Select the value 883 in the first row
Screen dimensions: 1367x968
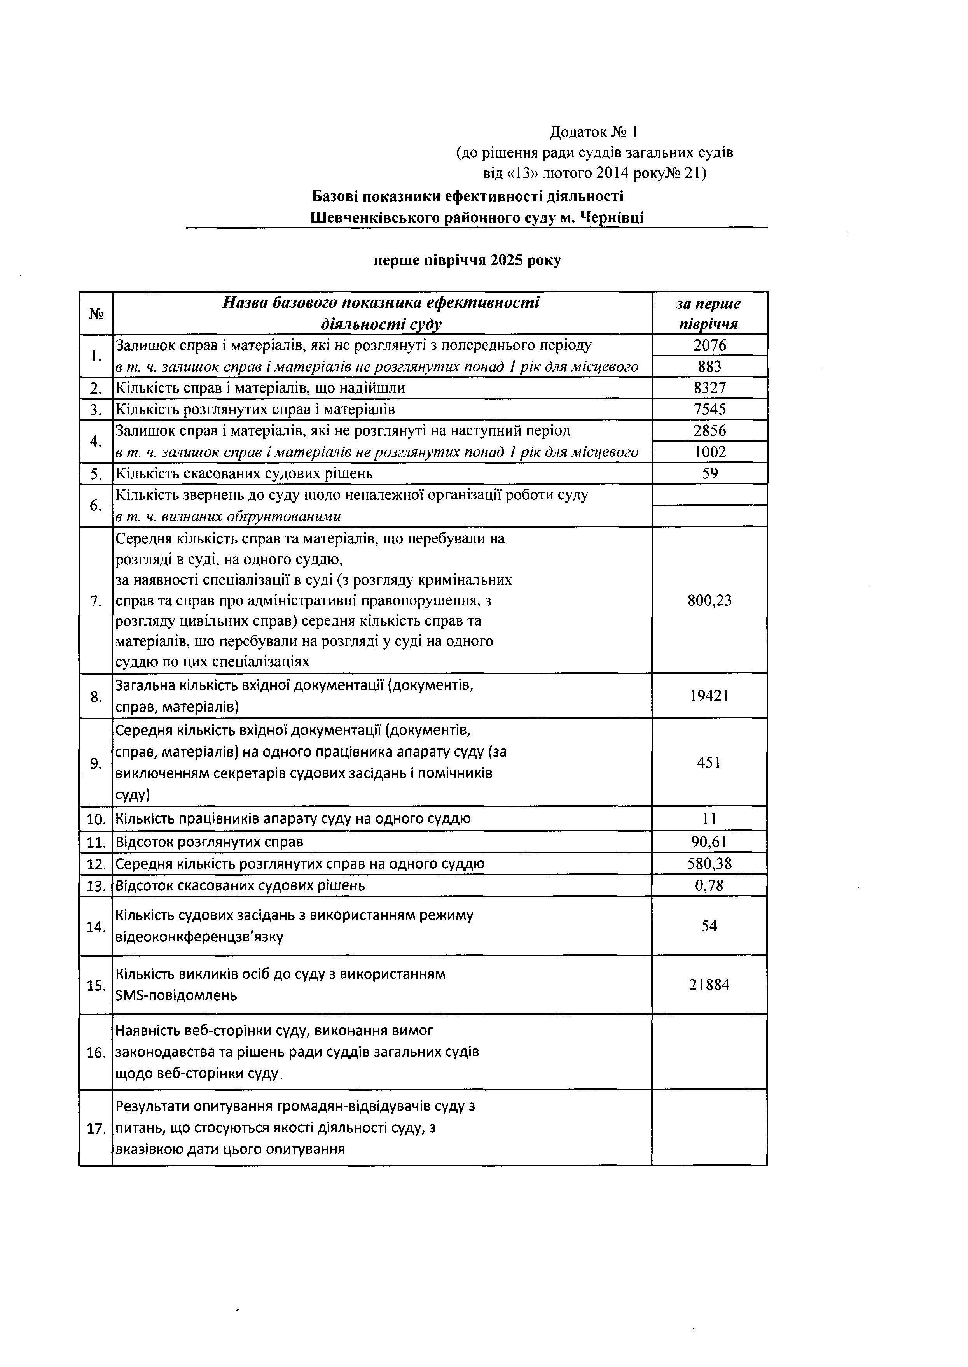coord(709,366)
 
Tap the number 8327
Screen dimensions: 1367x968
coord(709,388)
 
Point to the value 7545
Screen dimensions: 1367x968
coord(709,409)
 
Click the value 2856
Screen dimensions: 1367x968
coord(709,431)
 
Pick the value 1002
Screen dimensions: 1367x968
coord(709,452)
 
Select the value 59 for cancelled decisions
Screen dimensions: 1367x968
coord(709,473)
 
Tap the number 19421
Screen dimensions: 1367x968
coord(709,696)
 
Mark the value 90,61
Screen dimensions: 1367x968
coord(709,842)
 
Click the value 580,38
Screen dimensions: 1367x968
coord(709,864)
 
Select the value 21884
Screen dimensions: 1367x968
coord(709,985)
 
